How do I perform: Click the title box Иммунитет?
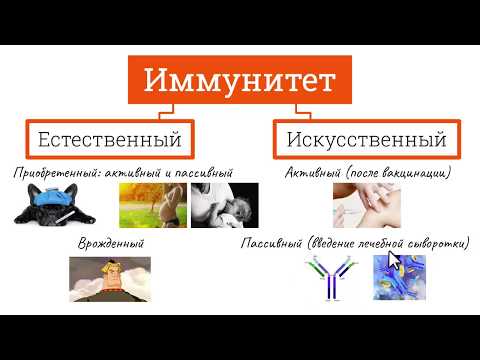(240, 80)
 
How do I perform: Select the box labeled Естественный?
(109, 136)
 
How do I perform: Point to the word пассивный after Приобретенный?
(199, 172)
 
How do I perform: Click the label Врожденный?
(111, 243)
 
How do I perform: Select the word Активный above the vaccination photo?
(311, 172)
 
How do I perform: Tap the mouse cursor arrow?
(393, 261)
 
